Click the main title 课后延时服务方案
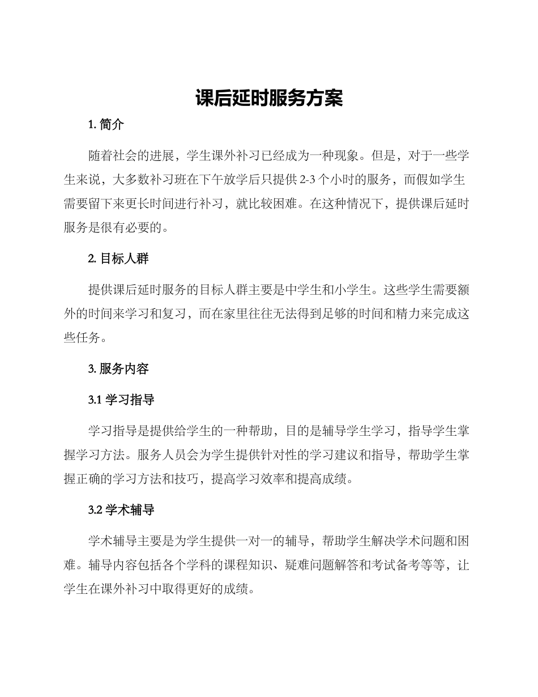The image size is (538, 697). (269, 98)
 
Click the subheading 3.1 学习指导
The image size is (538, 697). (121, 400)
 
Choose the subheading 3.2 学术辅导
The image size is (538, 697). (121, 510)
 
